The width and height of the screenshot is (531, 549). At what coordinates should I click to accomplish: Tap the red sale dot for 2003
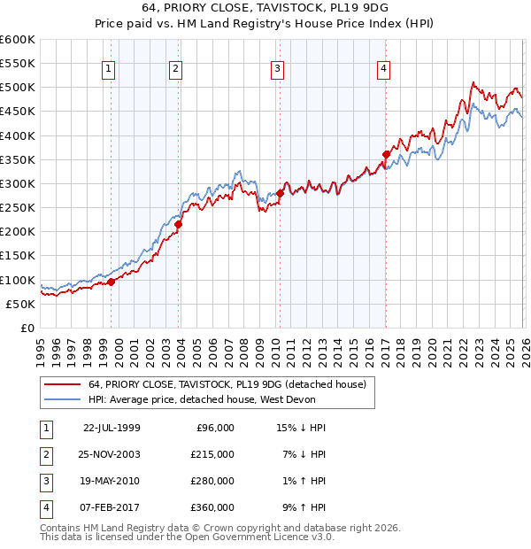178,224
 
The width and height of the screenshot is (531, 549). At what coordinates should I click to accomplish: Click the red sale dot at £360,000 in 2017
386,154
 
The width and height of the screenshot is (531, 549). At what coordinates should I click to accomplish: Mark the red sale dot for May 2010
280,193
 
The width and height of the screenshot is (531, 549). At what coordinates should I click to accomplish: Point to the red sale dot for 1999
112,282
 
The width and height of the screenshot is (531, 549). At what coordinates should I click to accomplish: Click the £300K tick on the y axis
18,183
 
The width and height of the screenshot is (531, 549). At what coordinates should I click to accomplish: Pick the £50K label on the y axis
21,304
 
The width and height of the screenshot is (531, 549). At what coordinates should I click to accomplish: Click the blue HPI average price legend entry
212,399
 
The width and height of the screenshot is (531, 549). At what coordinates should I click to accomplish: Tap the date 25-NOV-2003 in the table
112,453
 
